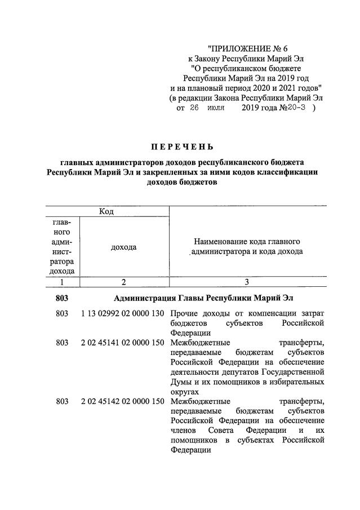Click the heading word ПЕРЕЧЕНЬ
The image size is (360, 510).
pos(181,148)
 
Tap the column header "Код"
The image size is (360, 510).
pos(106,211)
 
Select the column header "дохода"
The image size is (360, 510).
pos(123,247)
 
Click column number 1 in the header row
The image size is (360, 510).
pos(62,282)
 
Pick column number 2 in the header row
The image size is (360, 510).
pos(123,282)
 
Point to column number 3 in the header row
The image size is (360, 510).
pos(247,282)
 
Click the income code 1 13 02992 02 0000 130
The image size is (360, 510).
pos(122,313)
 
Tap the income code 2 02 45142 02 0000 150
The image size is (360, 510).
pos(122,402)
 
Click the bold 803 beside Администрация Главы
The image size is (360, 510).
pos(62,298)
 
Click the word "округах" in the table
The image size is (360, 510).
pos(184,391)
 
